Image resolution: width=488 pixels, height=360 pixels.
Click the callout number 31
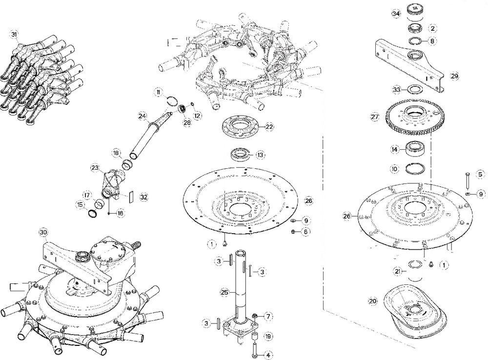(14, 34)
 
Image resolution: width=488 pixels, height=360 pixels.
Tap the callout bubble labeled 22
(269, 126)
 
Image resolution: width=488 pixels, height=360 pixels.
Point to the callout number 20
(373, 301)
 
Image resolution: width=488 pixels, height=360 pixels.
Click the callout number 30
(44, 233)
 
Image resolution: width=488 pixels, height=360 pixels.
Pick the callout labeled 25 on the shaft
(224, 293)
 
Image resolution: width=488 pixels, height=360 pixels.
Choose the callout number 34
(396, 14)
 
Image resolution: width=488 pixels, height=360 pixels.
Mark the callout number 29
(454, 77)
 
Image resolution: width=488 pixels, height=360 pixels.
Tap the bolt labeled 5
(467, 181)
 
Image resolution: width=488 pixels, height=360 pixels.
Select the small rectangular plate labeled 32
(131, 197)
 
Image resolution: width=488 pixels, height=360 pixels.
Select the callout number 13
(261, 155)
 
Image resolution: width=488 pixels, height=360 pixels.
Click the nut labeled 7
(255, 316)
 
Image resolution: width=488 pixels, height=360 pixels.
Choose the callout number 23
(95, 168)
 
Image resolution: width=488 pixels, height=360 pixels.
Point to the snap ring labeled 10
(415, 169)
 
